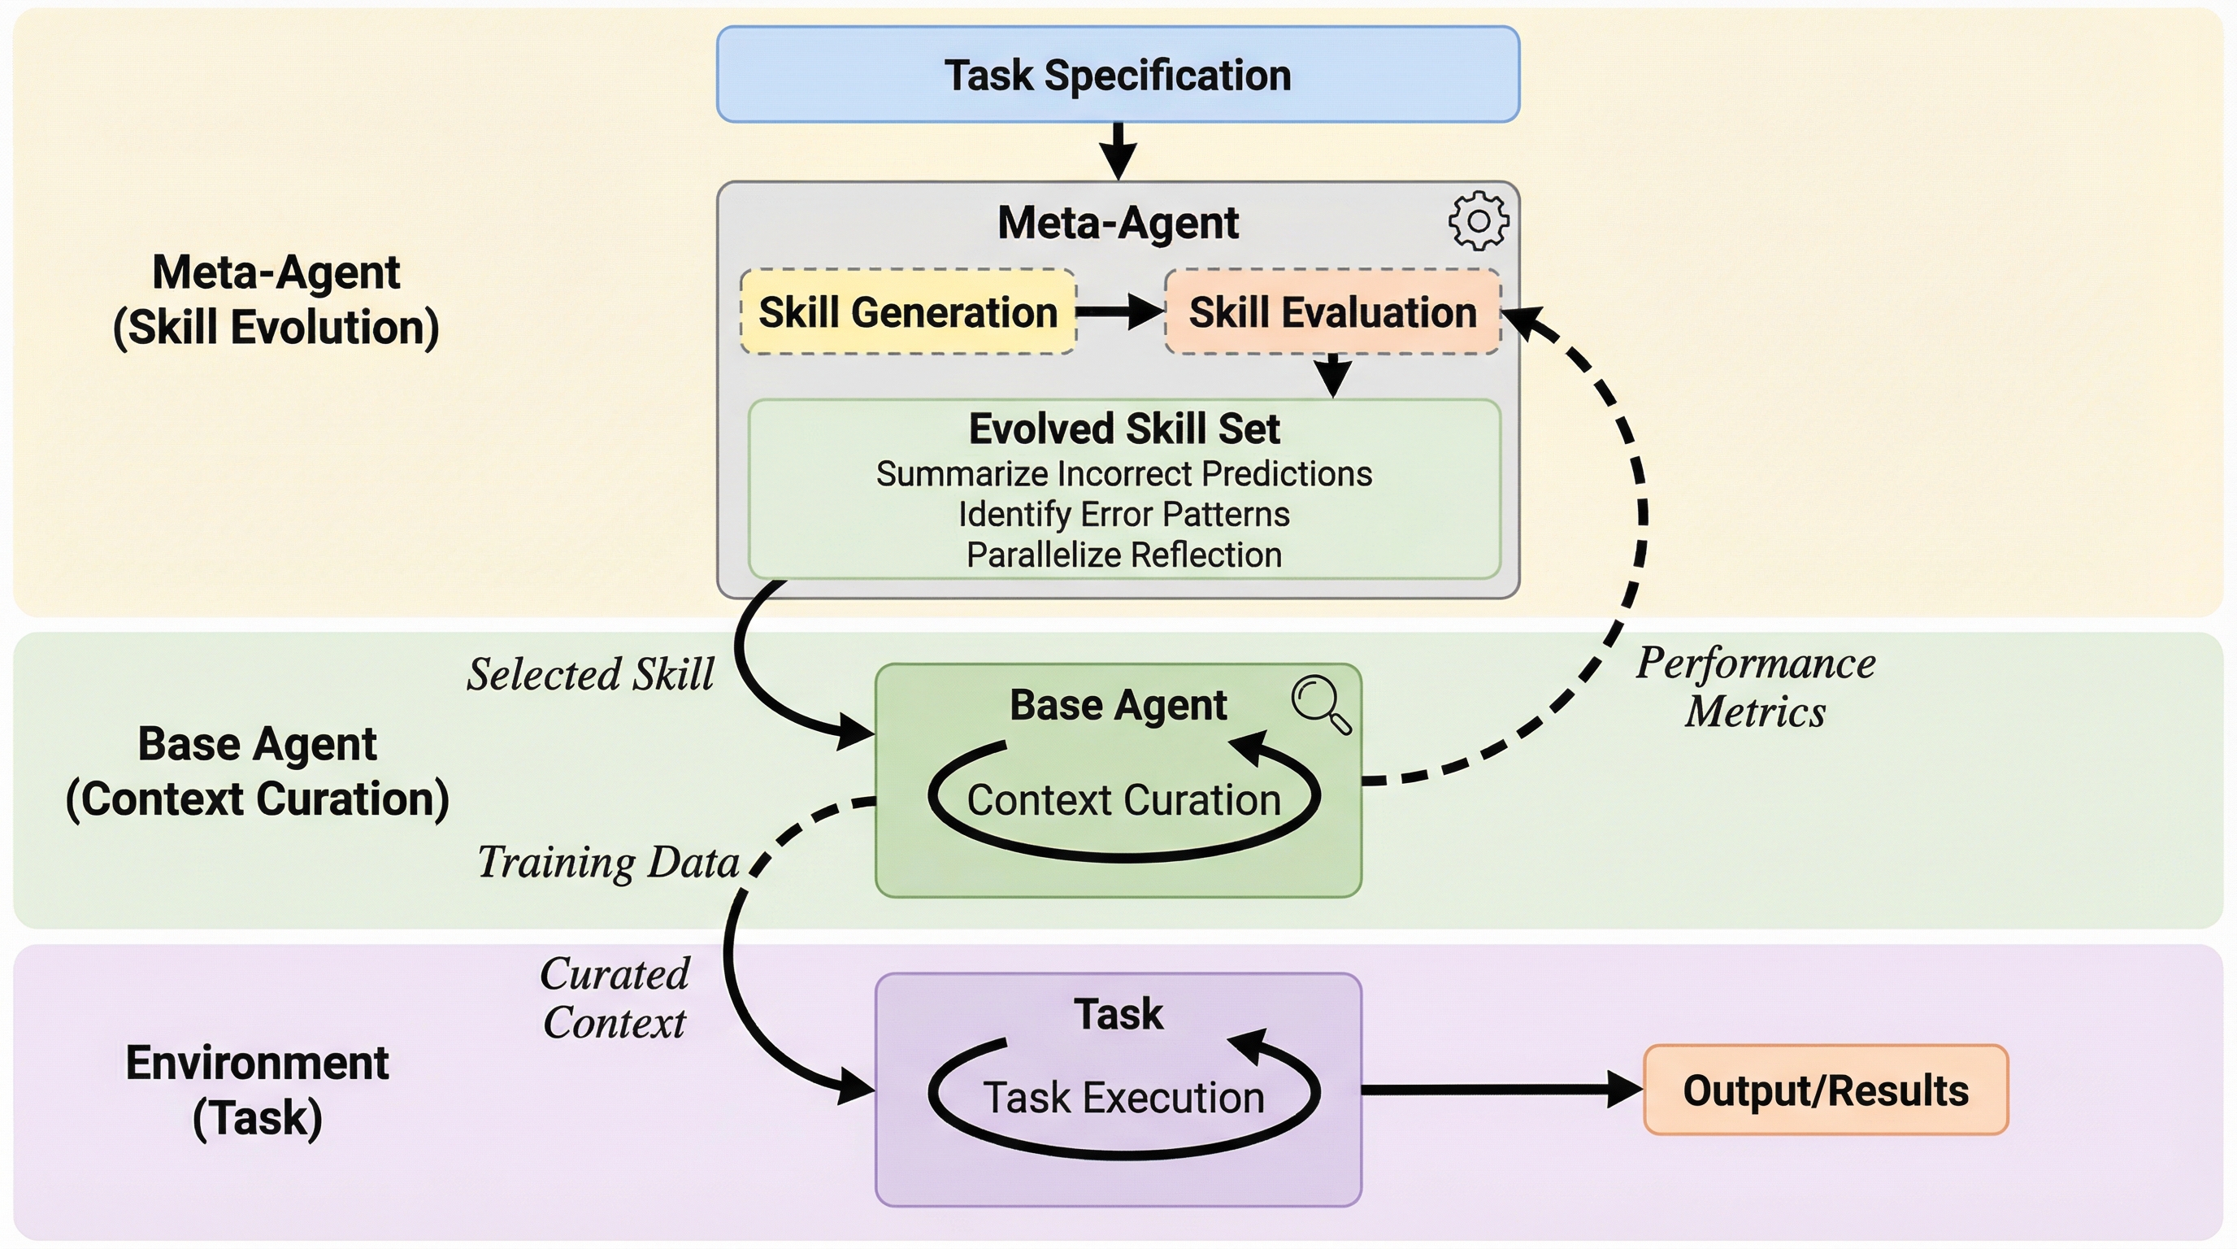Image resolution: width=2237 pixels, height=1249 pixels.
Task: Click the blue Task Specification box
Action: (1118, 75)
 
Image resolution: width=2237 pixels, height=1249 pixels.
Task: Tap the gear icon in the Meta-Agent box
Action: (1478, 220)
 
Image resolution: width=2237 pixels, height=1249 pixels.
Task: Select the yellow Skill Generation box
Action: (907, 311)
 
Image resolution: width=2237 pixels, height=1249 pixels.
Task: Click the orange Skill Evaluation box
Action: (1332, 311)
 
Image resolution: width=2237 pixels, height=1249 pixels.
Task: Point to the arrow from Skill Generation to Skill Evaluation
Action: (1119, 311)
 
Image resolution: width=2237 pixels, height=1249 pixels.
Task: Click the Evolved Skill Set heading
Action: (1123, 429)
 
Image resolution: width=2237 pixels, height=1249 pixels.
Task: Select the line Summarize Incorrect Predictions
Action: (1123, 474)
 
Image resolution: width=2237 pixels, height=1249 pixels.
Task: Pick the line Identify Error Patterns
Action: (1123, 514)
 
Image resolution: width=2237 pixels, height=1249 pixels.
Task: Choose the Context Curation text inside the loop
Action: (1123, 800)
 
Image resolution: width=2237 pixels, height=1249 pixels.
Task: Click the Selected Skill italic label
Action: (590, 674)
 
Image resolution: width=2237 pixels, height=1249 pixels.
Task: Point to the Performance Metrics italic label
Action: (1755, 687)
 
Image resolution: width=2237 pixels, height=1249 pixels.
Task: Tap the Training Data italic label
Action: (608, 863)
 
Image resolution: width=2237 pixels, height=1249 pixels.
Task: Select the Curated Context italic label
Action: (614, 998)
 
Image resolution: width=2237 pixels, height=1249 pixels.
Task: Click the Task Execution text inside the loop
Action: (1123, 1098)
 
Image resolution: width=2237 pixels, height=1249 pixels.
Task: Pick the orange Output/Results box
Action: (1826, 1090)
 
